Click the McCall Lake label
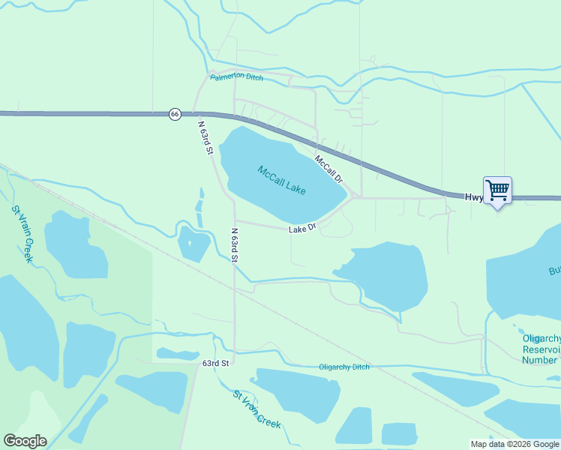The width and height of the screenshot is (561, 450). coord(281,181)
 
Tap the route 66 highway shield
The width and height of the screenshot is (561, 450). coord(175,114)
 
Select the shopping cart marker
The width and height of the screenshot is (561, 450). coord(497,190)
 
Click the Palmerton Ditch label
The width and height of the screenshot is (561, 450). coord(236,77)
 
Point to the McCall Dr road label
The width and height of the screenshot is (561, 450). coord(328,169)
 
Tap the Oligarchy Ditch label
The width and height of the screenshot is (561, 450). coord(344,367)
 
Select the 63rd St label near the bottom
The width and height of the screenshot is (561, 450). coord(214,363)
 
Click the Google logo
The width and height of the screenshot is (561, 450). coord(25,441)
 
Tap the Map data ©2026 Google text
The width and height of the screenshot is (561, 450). coord(514,444)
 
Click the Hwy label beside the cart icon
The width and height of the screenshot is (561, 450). coord(472,198)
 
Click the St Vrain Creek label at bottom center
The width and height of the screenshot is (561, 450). coord(257,409)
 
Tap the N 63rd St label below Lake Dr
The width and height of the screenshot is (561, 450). coord(235,245)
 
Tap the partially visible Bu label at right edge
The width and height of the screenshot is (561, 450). coord(553,271)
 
